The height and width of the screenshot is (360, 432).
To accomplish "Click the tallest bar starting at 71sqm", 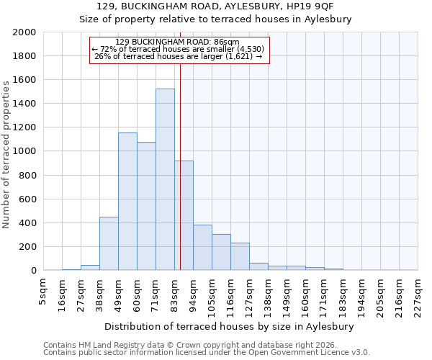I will (165, 179).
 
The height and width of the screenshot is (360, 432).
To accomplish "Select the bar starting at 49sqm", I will (127, 202).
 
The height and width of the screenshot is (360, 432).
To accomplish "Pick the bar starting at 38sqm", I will (109, 243).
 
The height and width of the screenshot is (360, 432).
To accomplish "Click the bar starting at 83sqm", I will (184, 215).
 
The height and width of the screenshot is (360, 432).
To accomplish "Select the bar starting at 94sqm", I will (202, 248).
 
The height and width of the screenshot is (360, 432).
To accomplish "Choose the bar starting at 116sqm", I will (240, 256).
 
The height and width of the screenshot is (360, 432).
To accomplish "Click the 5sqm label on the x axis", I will (43, 291).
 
